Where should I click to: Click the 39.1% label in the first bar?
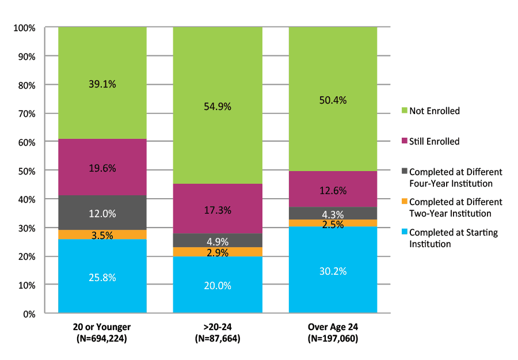(102, 84)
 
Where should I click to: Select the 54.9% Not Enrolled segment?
(218, 106)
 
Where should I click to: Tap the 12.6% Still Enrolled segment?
(333, 190)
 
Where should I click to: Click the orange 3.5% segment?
(102, 234)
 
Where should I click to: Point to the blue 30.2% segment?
(333, 271)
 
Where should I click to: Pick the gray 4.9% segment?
(218, 240)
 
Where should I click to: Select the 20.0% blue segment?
(218, 285)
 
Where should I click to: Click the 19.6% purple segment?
(102, 168)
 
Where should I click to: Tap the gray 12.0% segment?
(102, 213)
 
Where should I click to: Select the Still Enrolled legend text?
(434, 141)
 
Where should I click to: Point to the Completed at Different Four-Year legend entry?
(455, 177)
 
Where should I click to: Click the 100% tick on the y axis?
(25, 28)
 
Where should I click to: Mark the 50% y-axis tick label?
(27, 171)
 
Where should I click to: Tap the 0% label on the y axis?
(29, 314)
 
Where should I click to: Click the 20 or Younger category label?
(102, 327)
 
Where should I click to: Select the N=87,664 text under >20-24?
(218, 339)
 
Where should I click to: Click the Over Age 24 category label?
(333, 327)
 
